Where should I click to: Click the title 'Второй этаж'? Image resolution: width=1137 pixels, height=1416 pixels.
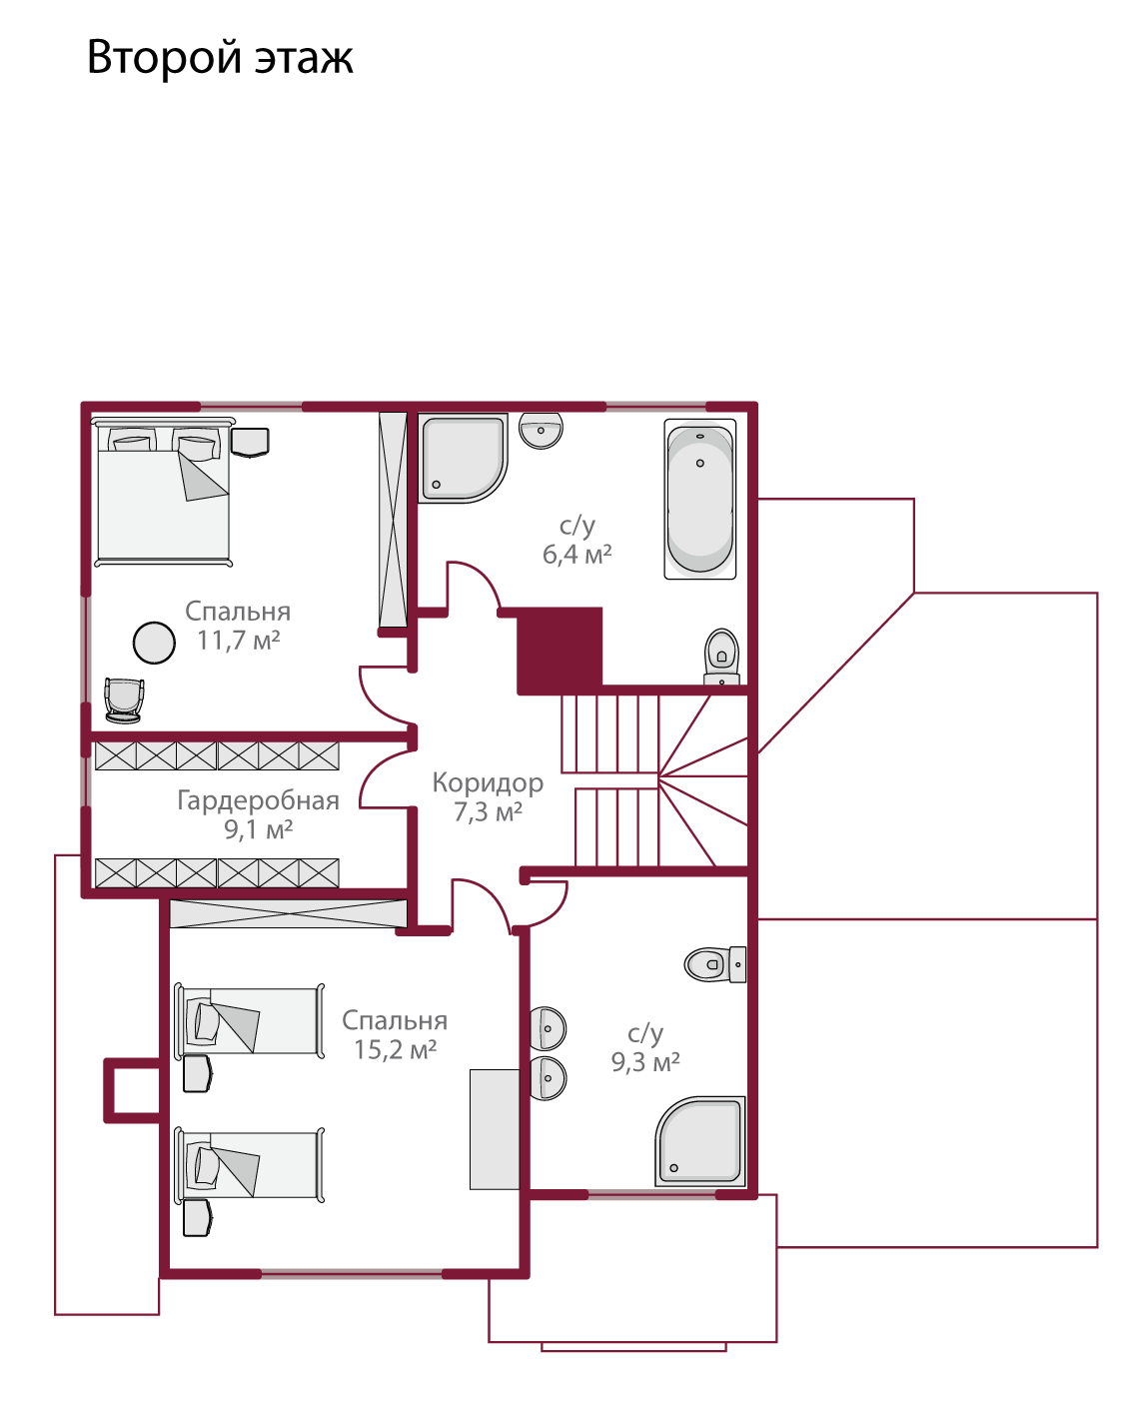click(x=220, y=58)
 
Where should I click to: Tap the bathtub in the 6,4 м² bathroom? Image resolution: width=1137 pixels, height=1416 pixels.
click(x=699, y=499)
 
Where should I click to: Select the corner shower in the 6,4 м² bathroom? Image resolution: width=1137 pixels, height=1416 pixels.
click(x=463, y=458)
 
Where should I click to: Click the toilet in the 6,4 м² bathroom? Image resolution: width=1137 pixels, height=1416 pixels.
click(x=721, y=657)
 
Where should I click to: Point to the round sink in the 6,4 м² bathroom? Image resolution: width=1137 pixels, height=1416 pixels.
click(x=541, y=431)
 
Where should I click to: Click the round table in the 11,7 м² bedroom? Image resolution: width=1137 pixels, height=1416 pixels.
click(x=154, y=643)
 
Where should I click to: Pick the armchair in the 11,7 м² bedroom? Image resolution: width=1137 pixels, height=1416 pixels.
click(x=124, y=701)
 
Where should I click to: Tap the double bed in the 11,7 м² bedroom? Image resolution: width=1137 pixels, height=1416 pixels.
click(x=163, y=493)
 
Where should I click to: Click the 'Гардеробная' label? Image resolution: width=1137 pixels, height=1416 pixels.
click(x=258, y=800)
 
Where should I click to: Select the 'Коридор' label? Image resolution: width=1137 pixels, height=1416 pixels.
click(x=488, y=783)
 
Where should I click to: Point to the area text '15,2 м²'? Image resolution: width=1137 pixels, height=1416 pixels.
click(x=396, y=1049)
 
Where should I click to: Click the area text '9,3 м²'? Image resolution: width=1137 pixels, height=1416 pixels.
click(x=645, y=1062)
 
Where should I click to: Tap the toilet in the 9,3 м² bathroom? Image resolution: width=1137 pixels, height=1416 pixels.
click(x=715, y=964)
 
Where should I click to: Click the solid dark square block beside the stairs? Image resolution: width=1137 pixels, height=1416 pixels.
click(x=560, y=651)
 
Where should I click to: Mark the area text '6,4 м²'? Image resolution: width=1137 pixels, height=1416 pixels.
click(x=577, y=555)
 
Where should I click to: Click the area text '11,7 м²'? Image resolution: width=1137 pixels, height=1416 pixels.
click(x=239, y=641)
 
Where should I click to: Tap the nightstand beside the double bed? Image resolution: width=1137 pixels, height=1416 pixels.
click(x=250, y=442)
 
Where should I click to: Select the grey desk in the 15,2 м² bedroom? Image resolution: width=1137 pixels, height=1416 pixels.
click(x=495, y=1129)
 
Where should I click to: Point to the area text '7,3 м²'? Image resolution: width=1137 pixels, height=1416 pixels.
click(x=488, y=812)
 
